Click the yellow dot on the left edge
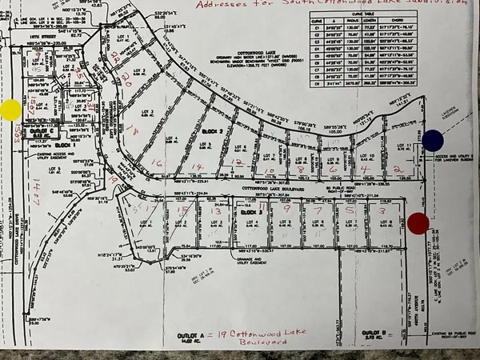coord(11,110)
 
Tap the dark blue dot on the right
coord(434,141)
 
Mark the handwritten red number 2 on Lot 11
coord(398,170)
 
